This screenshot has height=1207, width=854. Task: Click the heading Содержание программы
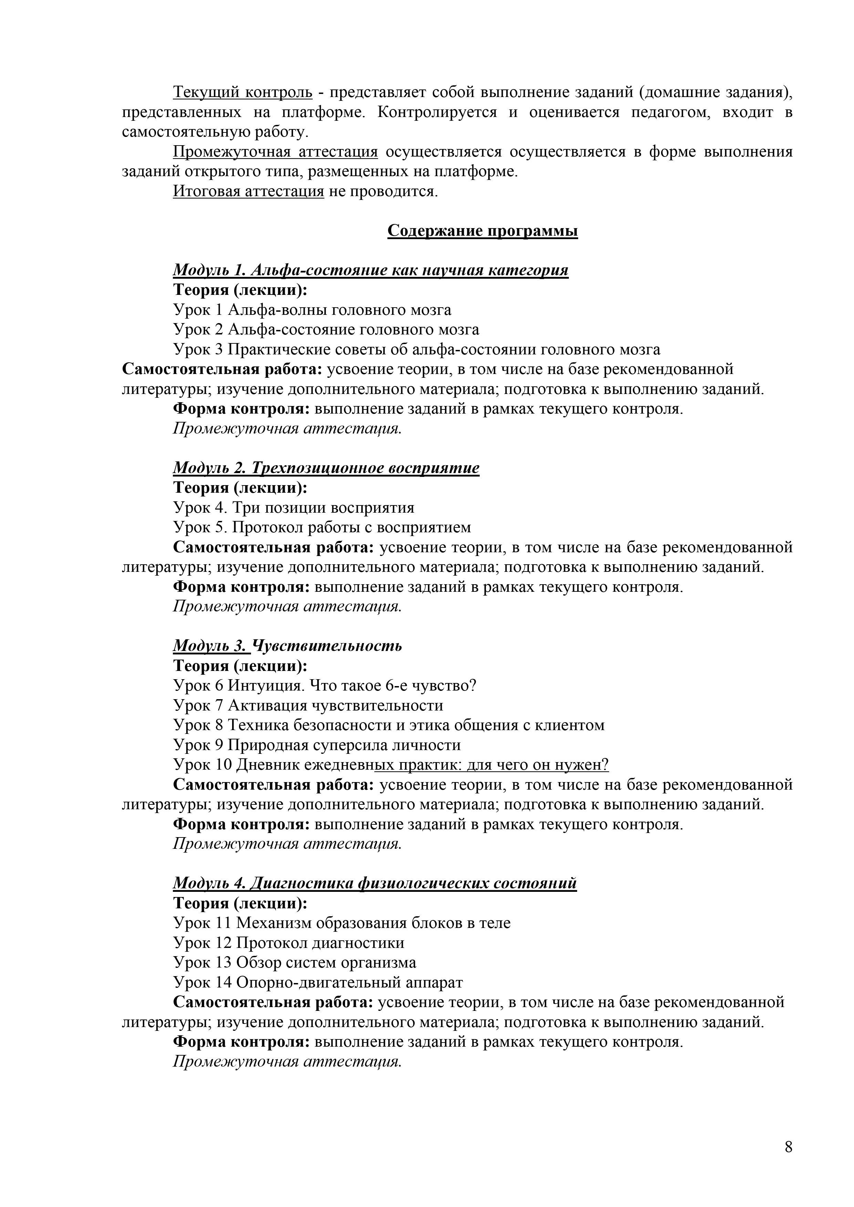482,231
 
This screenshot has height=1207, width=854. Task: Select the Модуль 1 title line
371,270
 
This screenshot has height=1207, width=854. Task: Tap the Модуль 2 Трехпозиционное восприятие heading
326,468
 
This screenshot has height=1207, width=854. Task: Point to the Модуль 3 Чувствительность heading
287,645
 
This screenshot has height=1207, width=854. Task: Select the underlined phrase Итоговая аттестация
248,191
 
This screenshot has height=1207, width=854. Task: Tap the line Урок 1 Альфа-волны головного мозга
312,310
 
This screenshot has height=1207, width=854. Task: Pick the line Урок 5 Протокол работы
322,527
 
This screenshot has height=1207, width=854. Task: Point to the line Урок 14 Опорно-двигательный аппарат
318,983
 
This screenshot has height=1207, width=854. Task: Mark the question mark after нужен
606,765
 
